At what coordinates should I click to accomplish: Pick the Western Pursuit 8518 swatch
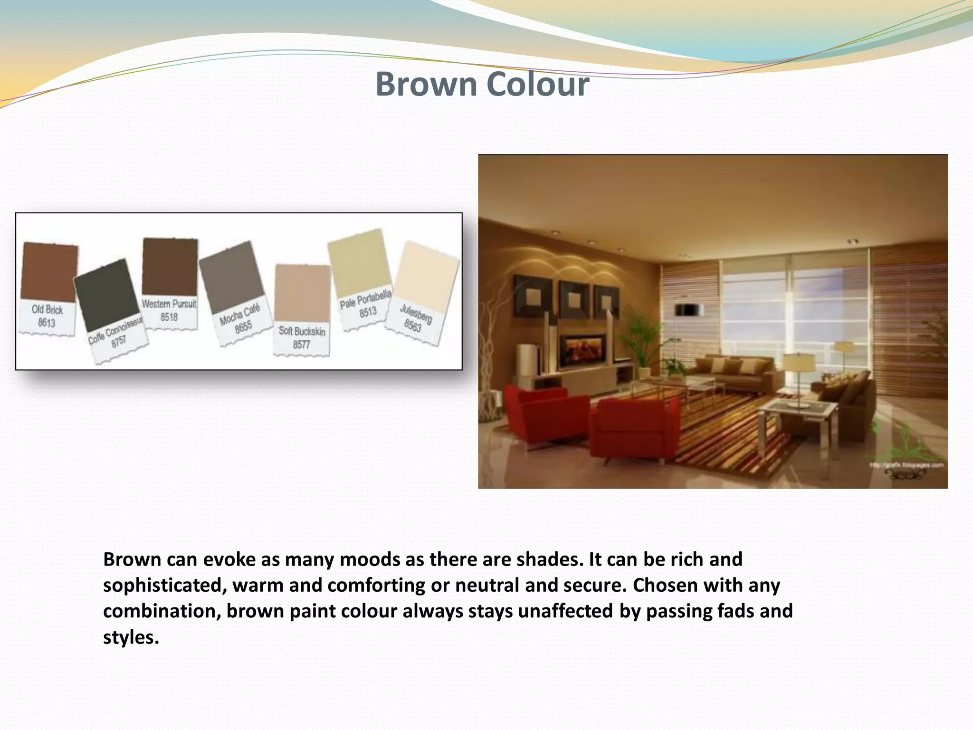[x=170, y=267]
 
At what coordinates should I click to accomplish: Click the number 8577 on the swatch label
[x=301, y=345]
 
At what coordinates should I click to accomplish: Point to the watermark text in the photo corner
[x=906, y=465]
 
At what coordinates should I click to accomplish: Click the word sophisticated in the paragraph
[x=162, y=586]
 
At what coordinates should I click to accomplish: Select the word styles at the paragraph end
[x=131, y=637]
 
